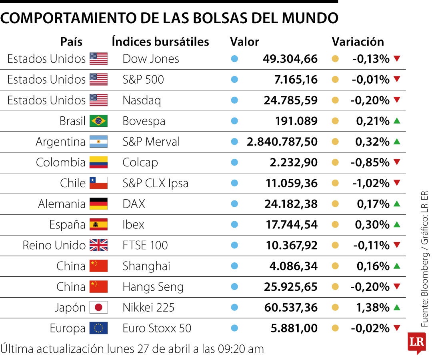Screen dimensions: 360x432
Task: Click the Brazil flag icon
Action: tap(98, 121)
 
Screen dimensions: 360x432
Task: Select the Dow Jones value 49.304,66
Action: tap(290, 59)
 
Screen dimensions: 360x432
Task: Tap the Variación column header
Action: tap(358, 42)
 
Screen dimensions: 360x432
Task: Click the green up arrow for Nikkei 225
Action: tap(397, 307)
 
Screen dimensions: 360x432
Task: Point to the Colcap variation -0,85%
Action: tap(370, 162)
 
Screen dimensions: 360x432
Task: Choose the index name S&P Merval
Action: tap(151, 142)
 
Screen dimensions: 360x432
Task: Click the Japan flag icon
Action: tap(98, 308)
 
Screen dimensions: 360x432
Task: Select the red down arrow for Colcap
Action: tap(397, 162)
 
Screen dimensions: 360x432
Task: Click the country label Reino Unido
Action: tap(54, 245)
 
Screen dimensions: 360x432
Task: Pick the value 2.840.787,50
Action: tap(282, 142)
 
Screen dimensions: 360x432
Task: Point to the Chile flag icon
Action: tap(98, 183)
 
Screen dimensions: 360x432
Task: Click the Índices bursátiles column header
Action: tap(160, 42)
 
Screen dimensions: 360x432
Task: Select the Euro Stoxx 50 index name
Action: tap(157, 328)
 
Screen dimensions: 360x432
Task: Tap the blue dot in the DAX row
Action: tap(234, 204)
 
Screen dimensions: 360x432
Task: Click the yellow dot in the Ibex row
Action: tap(335, 224)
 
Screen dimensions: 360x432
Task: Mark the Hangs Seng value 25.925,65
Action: tap(291, 287)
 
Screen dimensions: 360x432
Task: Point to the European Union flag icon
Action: tap(98, 328)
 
